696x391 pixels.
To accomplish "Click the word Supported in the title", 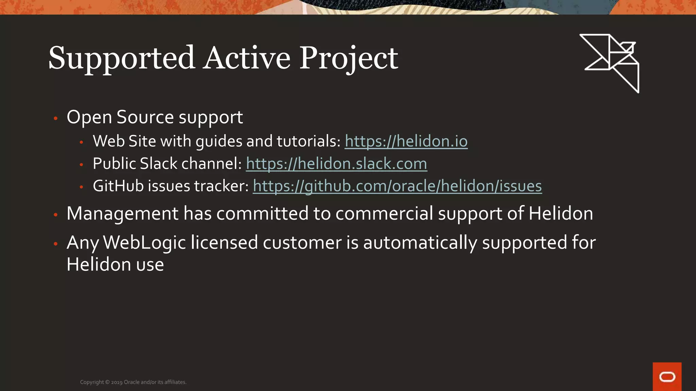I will tap(121, 58).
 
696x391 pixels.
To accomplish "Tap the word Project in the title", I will tap(348, 58).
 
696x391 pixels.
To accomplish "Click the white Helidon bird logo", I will tap(610, 62).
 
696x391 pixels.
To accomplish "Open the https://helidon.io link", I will tap(406, 141).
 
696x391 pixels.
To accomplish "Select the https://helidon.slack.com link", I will tap(336, 164).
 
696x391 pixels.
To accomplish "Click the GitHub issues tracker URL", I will tap(397, 186).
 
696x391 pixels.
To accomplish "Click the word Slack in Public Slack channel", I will tap(158, 164).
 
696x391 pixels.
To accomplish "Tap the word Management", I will tap(122, 214).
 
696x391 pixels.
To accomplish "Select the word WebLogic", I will tap(144, 243).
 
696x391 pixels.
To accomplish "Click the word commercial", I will tap(384, 214).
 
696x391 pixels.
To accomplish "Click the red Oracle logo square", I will tap(667, 376).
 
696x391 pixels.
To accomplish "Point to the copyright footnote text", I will tap(133, 382).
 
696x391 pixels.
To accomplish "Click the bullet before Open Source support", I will tap(56, 118).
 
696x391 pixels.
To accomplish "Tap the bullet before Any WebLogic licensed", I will tap(56, 244).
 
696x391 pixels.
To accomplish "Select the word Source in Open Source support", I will tap(145, 117).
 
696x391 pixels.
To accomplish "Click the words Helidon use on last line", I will tap(115, 265).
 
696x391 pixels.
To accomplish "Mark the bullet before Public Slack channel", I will tap(81, 165).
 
